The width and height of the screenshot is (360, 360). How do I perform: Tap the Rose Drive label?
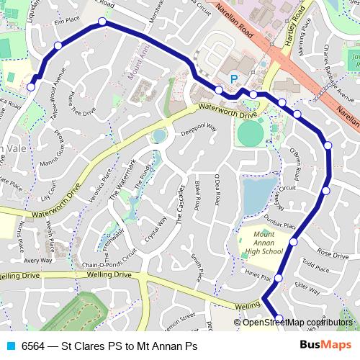pos(333,255)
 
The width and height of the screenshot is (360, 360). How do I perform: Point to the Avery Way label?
pos(37,261)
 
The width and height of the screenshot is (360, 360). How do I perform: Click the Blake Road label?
pos(197,196)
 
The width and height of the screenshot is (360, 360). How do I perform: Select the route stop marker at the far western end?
pos(31,86)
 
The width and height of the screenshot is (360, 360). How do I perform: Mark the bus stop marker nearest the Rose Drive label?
pos(294,243)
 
